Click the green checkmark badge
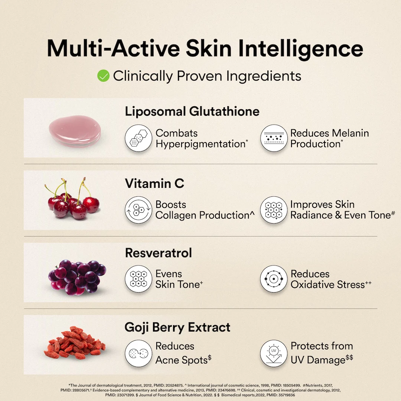(x=103, y=76)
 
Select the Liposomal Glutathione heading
(x=192, y=111)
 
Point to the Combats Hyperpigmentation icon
(x=138, y=138)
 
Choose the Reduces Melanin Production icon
(x=274, y=138)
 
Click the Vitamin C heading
(x=154, y=183)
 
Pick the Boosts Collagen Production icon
(x=138, y=210)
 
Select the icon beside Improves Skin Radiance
(x=274, y=210)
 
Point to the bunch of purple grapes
(x=77, y=277)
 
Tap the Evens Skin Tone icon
(x=138, y=279)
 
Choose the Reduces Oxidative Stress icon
(x=274, y=279)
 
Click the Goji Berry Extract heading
(x=177, y=327)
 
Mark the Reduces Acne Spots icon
(x=138, y=353)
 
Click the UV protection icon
(x=274, y=353)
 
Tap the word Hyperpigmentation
(x=200, y=144)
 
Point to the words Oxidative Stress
(x=327, y=285)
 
